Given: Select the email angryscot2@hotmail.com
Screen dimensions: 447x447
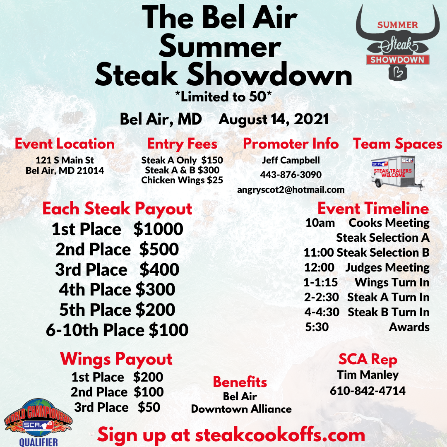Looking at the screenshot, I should tap(291, 190).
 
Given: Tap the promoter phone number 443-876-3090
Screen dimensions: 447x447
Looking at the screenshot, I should tap(291, 175).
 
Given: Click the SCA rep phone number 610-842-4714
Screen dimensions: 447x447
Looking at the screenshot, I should tap(368, 390).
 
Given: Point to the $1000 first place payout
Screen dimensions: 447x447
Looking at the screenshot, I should tap(158, 229).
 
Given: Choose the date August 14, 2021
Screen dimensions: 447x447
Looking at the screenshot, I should tap(274, 119).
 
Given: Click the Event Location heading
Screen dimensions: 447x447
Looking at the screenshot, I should tap(65, 144).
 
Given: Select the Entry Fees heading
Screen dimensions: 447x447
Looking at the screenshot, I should tap(182, 144).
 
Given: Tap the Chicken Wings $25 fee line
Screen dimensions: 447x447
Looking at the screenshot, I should tap(182, 180).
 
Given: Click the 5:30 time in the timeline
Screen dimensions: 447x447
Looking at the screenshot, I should tap(317, 327).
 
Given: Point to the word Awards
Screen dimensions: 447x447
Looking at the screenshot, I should tap(409, 327).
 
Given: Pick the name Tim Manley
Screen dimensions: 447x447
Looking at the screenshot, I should tap(368, 375).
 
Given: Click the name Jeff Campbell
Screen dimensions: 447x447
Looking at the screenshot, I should tap(291, 160).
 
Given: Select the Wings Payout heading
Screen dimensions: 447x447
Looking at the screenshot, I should tap(116, 359).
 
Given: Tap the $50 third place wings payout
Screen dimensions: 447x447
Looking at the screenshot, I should tap(149, 407).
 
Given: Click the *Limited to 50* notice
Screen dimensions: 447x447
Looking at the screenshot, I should tap(223, 96).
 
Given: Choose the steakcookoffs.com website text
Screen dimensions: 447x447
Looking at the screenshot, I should tap(280, 435).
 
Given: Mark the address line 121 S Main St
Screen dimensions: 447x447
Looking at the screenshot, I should tap(65, 160).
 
